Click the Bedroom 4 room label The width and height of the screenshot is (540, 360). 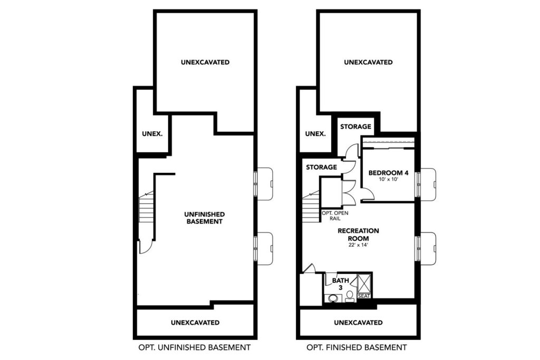coord(388,173)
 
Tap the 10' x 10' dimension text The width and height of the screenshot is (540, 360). coord(388,179)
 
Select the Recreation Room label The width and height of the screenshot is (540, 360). coord(358,235)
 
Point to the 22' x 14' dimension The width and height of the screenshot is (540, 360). coord(358,245)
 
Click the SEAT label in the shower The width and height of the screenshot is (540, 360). coord(364,296)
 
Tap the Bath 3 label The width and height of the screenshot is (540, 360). coord(340,284)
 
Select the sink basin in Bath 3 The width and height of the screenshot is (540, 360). coord(333,298)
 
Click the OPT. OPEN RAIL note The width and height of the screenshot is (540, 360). coord(335,216)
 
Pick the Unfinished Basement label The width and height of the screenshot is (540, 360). coord(205,218)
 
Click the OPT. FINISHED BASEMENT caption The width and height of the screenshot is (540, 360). coord(356,347)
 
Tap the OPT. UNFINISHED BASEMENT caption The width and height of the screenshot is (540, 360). coord(194,347)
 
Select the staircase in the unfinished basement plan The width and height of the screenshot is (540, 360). coord(146,208)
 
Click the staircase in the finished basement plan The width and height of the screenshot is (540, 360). coord(311,208)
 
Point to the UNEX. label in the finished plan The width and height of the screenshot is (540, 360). coord(315,133)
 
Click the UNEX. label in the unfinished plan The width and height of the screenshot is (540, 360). coord(152,133)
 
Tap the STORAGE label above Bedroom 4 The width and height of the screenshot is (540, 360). coord(356,127)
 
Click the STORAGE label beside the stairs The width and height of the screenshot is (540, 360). coord(321,167)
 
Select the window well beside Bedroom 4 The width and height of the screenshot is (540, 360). coord(428,184)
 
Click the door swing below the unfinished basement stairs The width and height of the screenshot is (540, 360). coord(146,247)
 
